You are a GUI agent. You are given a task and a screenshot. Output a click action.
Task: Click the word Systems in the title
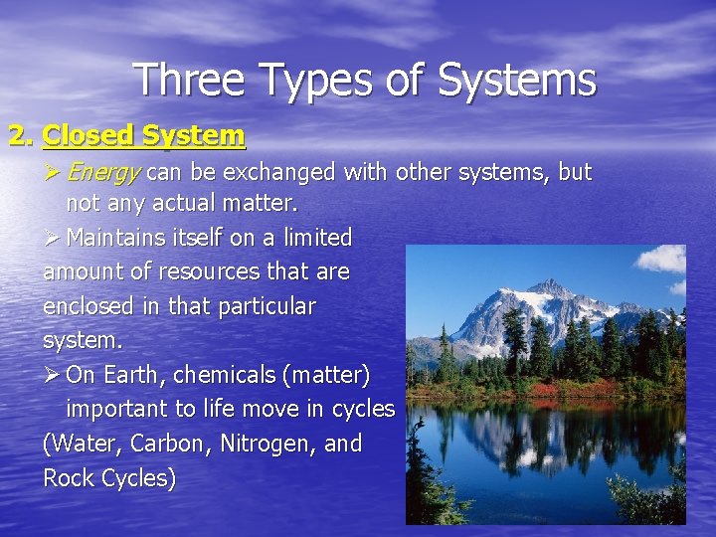(x=518, y=81)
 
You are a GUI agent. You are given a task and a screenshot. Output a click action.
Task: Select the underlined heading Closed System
(x=144, y=134)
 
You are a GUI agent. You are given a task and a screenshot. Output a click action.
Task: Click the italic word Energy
(x=102, y=172)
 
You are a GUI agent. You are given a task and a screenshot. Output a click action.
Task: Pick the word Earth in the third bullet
(x=130, y=375)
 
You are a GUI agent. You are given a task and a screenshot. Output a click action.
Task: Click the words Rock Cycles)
(x=109, y=478)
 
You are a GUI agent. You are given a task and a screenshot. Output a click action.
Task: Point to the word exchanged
(x=276, y=172)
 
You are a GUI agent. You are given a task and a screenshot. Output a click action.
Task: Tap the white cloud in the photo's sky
(x=660, y=259)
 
